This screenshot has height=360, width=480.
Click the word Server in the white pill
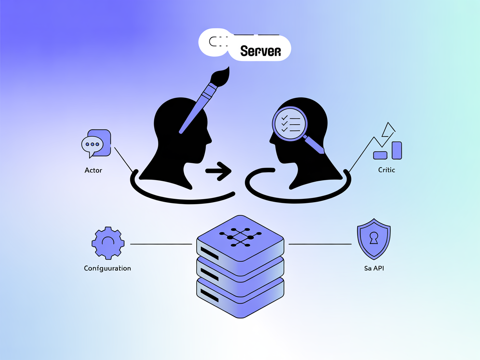(x=260, y=51)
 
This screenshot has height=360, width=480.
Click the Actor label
(x=93, y=170)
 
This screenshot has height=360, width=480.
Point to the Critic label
(x=386, y=170)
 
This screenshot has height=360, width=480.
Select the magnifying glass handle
(x=315, y=144)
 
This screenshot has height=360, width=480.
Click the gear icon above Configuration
(x=108, y=243)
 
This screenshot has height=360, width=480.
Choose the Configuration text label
(x=107, y=268)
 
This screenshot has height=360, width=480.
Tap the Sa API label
(x=374, y=268)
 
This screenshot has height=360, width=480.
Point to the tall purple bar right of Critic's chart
(x=397, y=150)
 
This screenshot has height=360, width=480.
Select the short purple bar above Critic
(x=380, y=155)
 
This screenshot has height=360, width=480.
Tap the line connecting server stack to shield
(x=320, y=244)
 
